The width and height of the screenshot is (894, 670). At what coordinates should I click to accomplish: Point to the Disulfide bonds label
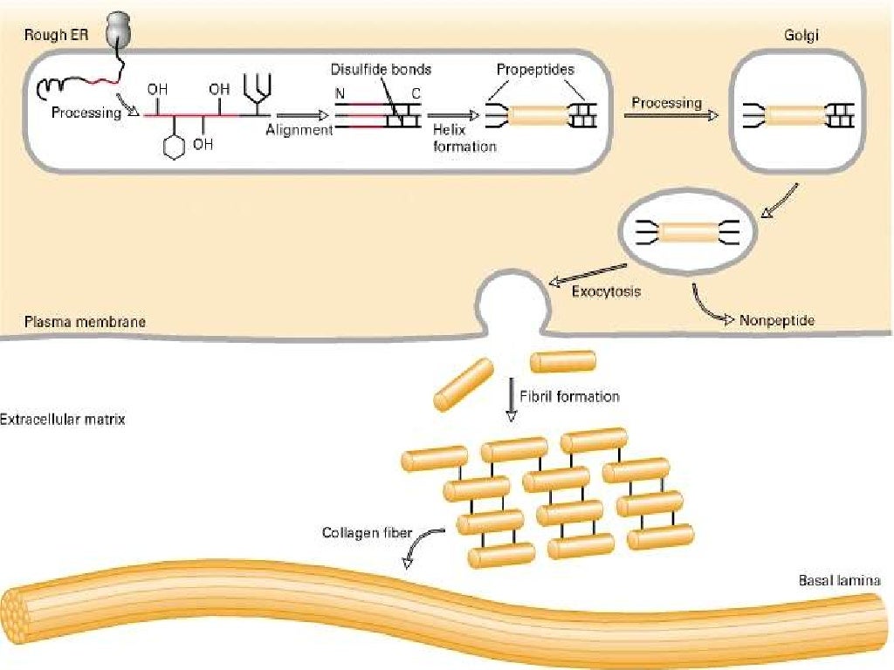[381, 70]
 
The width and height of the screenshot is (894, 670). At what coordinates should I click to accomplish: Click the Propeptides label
[535, 70]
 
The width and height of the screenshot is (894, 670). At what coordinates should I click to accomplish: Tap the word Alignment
[299, 130]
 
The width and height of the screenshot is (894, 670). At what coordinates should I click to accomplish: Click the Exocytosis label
[606, 291]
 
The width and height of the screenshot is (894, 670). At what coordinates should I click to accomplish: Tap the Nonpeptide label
[777, 321]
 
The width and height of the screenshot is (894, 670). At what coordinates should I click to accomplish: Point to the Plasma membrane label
[85, 322]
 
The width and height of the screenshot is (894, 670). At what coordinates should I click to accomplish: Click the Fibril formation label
[569, 396]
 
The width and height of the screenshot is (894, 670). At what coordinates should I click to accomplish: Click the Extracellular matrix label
[63, 420]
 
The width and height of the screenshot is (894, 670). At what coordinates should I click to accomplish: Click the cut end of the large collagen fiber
[20, 612]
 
